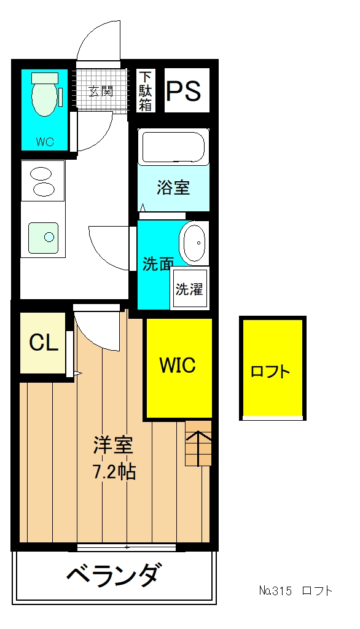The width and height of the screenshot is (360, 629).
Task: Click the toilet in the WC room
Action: click(44, 94)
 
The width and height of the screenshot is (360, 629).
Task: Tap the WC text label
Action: click(45, 142)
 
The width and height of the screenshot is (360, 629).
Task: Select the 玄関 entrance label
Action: click(101, 92)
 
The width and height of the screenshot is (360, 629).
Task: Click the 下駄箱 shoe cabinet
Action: click(146, 91)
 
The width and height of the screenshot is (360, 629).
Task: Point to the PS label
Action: click(184, 92)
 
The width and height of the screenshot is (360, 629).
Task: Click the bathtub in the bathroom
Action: click(173, 147)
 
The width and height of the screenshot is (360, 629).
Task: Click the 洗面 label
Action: click(157, 265)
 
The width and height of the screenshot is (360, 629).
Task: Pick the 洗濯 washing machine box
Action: click(189, 287)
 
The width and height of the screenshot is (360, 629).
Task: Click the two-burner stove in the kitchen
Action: click(42, 181)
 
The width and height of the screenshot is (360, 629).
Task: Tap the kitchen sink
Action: click(43, 236)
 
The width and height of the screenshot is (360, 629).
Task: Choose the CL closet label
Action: click(44, 343)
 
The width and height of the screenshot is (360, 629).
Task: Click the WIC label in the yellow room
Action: click(178, 365)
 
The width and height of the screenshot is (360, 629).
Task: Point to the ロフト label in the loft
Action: click(270, 372)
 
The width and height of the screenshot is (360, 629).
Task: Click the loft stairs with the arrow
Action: click(198, 444)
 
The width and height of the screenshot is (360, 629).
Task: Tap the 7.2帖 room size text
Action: click(114, 472)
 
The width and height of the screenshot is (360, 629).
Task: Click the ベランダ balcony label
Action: click(114, 576)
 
